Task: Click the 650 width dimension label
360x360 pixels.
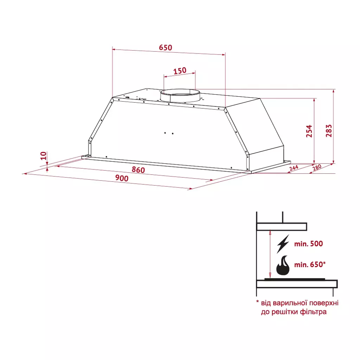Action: [166, 47]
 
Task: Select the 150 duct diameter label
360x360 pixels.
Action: [180, 71]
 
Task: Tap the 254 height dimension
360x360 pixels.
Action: [309, 131]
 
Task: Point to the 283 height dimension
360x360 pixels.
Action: [329, 131]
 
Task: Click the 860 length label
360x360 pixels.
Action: [138, 170]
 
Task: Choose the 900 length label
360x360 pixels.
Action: [122, 178]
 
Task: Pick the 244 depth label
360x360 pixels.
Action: [294, 168]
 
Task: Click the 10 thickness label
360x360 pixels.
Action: [43, 155]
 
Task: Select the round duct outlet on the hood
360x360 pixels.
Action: [180, 96]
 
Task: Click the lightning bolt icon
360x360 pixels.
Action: [283, 244]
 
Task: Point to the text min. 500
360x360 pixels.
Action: [308, 244]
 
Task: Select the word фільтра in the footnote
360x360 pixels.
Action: [314, 312]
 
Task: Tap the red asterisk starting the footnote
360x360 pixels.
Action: [257, 302]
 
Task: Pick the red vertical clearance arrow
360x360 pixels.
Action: [270, 253]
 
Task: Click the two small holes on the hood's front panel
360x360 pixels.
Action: [169, 133]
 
